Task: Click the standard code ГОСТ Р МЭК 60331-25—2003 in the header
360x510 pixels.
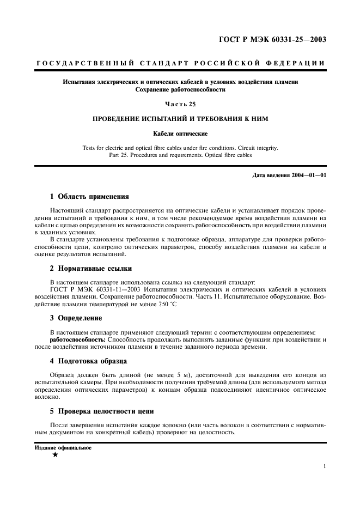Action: coord(273,39)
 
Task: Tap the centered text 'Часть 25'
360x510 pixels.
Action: coord(180,104)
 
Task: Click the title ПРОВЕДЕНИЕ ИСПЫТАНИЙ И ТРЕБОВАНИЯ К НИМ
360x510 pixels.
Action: coord(180,118)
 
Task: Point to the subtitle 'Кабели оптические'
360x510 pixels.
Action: coord(180,132)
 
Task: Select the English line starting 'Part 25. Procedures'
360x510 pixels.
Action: coord(180,155)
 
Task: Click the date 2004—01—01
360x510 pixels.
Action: coord(307,175)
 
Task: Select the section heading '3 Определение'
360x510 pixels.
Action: coord(76,318)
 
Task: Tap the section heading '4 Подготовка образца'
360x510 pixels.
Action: coord(89,361)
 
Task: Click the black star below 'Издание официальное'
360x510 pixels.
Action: coord(55,454)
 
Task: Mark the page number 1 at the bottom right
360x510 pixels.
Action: coord(324,466)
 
